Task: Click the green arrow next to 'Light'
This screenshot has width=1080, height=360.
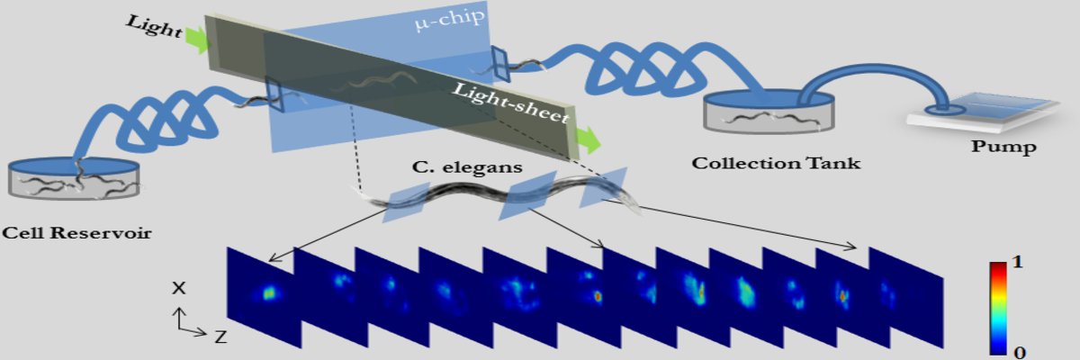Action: pos(195,39)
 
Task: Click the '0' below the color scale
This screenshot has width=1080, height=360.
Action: pos(1018,351)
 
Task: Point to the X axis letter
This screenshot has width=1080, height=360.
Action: pos(179,288)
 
